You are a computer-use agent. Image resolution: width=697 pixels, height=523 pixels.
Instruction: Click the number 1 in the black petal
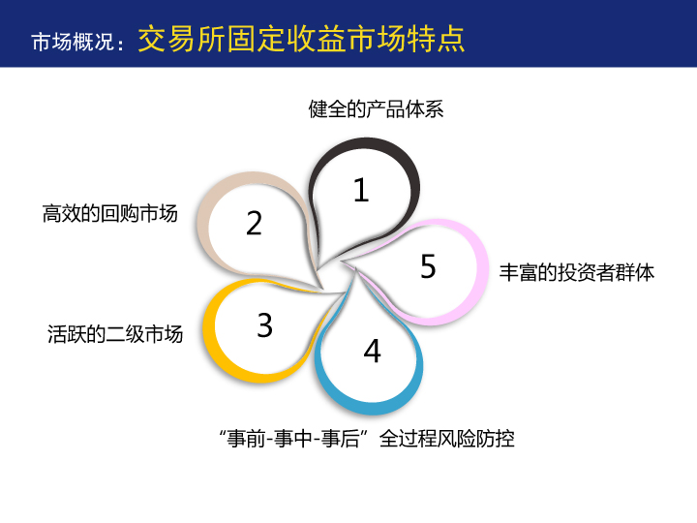(x=361, y=191)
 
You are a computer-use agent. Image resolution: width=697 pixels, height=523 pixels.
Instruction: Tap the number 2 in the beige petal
(x=255, y=223)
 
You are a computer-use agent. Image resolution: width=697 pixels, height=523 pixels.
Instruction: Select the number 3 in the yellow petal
(x=265, y=325)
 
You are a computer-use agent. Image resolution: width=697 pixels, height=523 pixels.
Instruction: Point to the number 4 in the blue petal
(x=373, y=351)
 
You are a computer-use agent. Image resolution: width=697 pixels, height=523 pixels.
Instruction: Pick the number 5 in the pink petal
(x=428, y=266)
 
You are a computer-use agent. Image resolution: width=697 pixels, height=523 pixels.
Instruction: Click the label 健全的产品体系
(x=376, y=108)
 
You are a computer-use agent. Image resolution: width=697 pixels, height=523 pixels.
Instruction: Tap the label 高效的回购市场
(x=109, y=213)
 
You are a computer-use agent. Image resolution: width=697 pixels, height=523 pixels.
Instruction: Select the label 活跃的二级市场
(x=115, y=334)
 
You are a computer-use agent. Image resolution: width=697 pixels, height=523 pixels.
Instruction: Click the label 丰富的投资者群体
(x=577, y=272)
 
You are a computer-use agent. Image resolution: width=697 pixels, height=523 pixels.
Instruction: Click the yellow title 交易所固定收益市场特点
(x=301, y=39)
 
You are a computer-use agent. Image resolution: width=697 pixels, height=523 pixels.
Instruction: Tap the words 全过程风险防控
(x=446, y=439)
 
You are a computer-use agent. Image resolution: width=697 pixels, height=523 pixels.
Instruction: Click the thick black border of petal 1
(x=411, y=178)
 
